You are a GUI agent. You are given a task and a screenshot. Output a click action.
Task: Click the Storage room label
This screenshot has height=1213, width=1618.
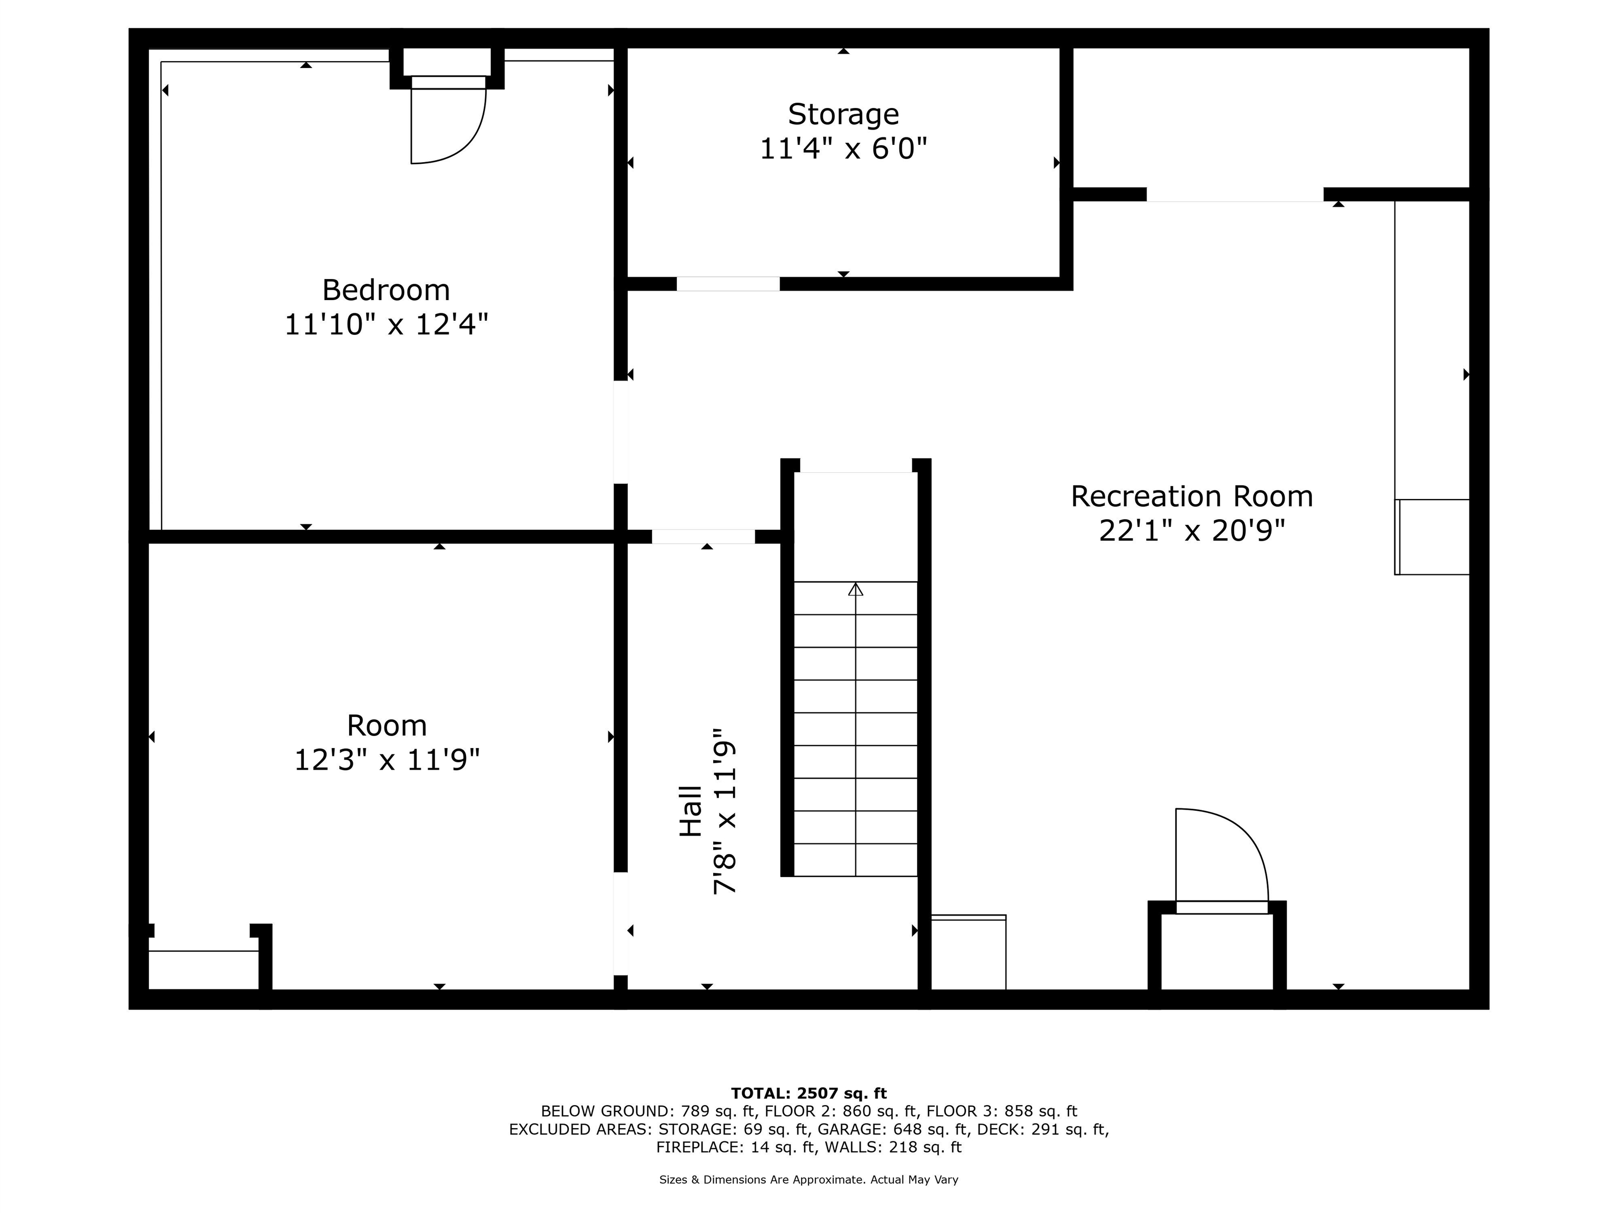point(843,115)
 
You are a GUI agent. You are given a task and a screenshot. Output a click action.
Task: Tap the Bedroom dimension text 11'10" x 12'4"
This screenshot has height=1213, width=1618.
point(386,324)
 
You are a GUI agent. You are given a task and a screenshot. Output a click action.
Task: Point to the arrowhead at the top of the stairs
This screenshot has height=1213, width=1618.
point(856,589)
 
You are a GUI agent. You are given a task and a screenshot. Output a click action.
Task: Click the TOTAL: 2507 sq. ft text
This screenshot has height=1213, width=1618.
point(809,1093)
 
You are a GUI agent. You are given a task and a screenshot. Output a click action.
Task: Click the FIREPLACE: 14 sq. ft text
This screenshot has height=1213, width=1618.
point(736,1147)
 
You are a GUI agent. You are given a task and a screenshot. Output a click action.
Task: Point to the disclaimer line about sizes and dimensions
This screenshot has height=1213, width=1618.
point(809,1179)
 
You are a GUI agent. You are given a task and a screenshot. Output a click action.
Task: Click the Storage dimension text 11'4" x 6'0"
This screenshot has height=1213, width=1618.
point(843,149)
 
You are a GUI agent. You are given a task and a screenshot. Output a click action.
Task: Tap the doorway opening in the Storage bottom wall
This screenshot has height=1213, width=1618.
point(728,284)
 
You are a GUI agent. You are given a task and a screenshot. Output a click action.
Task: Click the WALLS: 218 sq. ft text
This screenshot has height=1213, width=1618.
point(893,1147)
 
